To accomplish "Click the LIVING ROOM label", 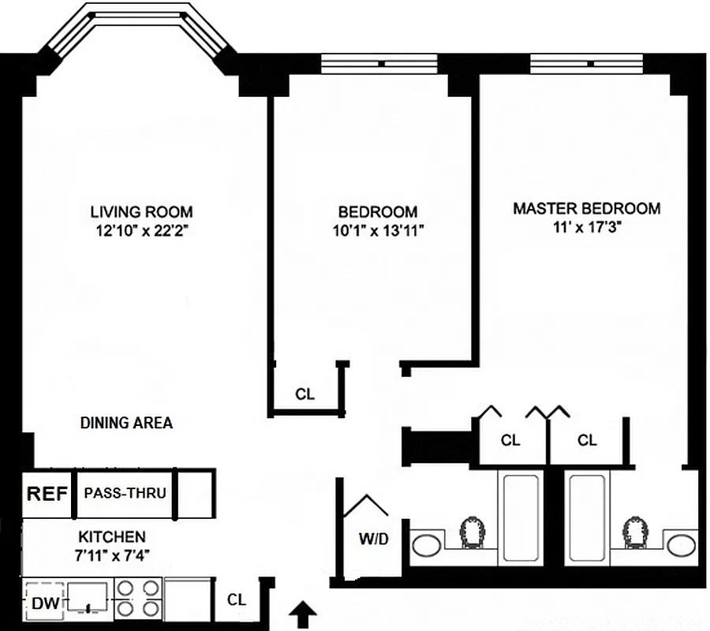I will (140, 211).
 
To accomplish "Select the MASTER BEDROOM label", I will (586, 209).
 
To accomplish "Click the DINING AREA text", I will (126, 423).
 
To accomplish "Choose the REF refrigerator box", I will (47, 494).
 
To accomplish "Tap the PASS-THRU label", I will (125, 494).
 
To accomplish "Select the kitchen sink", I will (89, 598).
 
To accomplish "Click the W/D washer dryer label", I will (375, 540).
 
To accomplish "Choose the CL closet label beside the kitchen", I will (236, 599).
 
